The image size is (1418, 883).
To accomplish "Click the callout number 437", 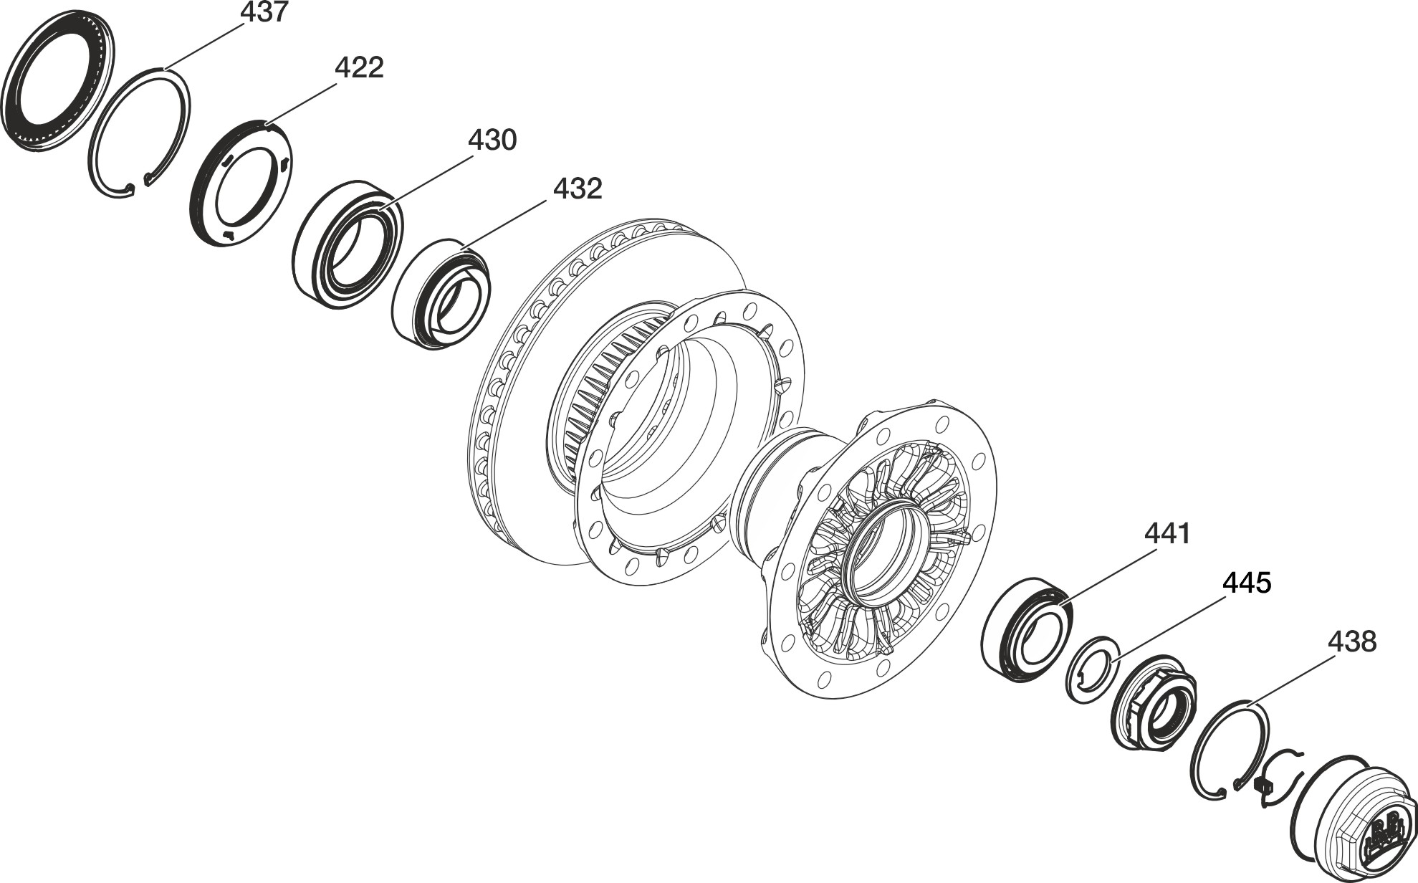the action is point(264,13).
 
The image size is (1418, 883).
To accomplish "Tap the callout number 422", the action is point(359,68).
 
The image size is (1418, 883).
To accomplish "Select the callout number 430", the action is point(492,140).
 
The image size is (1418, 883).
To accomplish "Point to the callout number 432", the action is point(578,189).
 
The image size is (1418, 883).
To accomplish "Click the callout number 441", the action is point(1167,534).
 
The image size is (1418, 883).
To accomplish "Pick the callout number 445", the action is point(1247,583).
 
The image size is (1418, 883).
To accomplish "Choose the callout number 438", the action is point(1353,641).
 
